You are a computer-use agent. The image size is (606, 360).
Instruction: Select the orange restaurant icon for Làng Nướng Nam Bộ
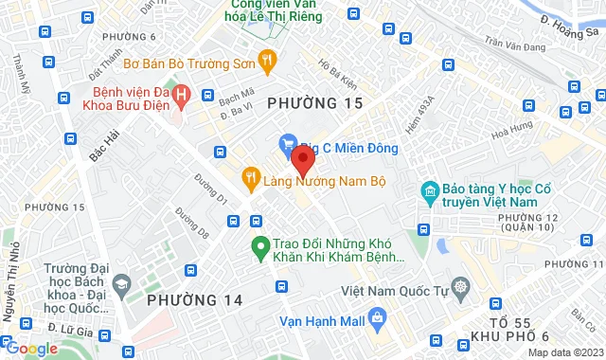click(x=250, y=175)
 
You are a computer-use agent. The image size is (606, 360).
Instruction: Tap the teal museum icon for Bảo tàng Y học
click(x=431, y=193)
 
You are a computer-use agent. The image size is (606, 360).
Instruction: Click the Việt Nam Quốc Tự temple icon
click(x=460, y=287)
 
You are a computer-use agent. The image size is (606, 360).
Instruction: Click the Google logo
click(x=32, y=349)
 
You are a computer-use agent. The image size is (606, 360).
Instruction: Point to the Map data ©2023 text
click(x=563, y=352)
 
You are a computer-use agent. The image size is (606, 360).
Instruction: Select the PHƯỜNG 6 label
click(x=127, y=37)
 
